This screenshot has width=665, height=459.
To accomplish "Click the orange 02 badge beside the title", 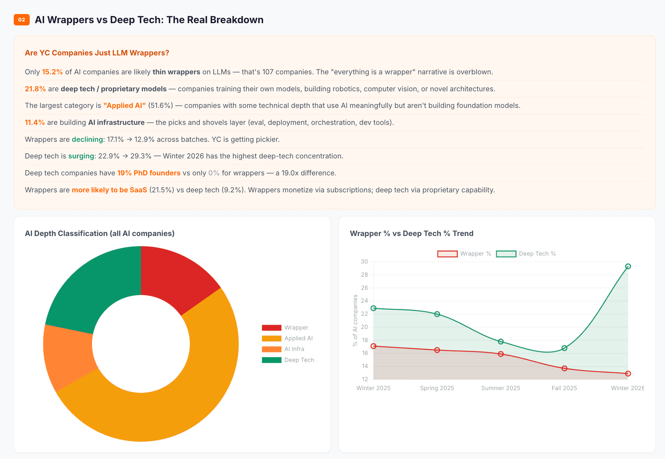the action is point(22,20).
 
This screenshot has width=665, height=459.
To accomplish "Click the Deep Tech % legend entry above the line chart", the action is point(526,254).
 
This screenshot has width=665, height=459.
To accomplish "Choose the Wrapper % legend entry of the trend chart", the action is point(464,254).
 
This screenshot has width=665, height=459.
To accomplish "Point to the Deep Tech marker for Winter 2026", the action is point(628,266).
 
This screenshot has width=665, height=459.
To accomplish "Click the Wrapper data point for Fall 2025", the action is point(564,368).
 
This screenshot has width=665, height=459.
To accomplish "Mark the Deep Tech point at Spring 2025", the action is point(437,314).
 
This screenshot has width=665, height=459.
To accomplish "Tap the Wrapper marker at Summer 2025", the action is point(501,354).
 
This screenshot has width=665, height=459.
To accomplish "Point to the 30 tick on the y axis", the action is point(364,261).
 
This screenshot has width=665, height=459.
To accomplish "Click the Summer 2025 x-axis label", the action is point(501,388).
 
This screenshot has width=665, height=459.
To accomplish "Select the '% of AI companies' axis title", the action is point(355,320).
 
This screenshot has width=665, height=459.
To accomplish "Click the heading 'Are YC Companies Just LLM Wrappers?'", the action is point(97,53).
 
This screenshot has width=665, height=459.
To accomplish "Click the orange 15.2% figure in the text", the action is point(52,72).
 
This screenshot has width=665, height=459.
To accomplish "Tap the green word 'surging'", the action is point(81,156).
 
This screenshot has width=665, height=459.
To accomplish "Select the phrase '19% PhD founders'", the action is point(149,173).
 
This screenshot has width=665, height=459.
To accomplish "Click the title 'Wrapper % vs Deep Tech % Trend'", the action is point(411,233).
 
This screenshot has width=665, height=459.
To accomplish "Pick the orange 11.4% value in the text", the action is point(35,122).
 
